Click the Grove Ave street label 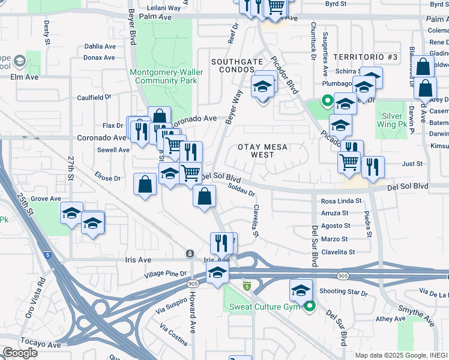click(46, 199)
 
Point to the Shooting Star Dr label click(343, 292)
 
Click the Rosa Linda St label click(342, 202)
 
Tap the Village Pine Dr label click(166, 274)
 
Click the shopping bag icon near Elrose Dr click(145, 184)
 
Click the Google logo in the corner click(20, 353)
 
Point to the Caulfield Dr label click(94, 97)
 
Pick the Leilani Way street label click(159, 8)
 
